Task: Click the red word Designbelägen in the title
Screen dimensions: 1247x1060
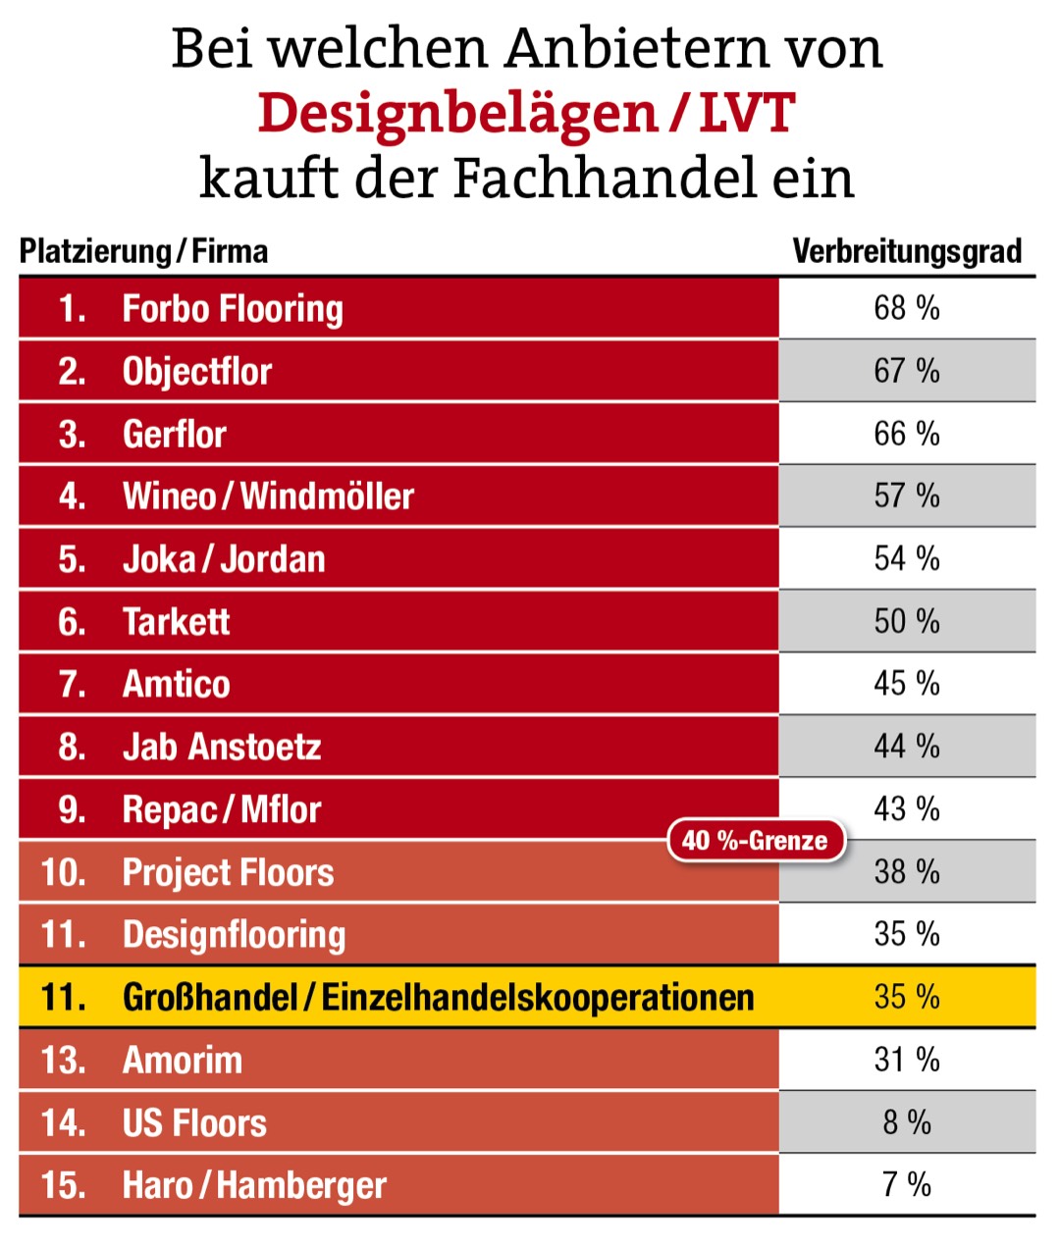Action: (457, 114)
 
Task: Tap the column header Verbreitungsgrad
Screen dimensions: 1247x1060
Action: (906, 252)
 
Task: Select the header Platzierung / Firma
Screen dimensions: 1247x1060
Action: (143, 252)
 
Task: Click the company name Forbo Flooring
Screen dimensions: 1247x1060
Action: (233, 309)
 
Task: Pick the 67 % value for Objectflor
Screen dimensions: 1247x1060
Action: (906, 371)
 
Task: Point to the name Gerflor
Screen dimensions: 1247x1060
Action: (174, 434)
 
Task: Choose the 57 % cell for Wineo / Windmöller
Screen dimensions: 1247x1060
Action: (906, 495)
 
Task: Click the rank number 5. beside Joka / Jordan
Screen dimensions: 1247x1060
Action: (72, 559)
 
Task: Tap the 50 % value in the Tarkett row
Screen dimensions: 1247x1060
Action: (906, 621)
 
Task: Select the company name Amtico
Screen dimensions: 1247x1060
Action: (176, 684)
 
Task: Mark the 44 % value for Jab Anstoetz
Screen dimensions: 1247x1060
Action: (906, 747)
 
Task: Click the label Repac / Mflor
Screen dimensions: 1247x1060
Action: (221, 809)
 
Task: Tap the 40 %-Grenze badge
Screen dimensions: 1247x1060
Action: (755, 841)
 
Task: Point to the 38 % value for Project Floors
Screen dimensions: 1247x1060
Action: (906, 871)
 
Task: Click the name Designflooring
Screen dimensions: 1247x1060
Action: (234, 935)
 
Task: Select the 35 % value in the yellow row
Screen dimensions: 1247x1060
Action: (906, 997)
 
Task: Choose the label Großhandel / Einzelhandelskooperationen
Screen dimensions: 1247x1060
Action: (438, 998)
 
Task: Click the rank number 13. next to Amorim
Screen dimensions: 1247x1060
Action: (64, 1061)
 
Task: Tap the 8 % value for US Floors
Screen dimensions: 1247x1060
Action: (906, 1122)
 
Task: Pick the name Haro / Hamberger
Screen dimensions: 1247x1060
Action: (254, 1185)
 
